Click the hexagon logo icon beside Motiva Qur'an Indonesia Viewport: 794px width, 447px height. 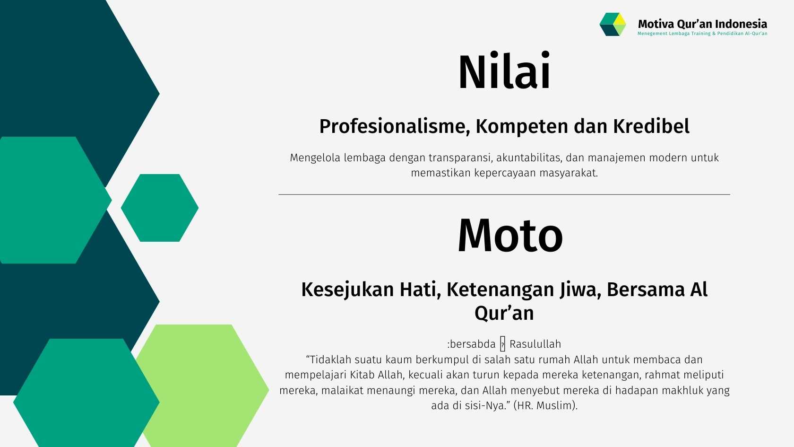(x=613, y=24)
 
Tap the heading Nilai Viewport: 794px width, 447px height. (x=504, y=71)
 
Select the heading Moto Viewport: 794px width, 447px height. (x=510, y=235)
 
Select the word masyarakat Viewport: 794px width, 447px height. (x=569, y=173)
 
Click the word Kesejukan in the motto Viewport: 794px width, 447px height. (x=348, y=289)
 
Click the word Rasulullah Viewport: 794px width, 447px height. (x=535, y=344)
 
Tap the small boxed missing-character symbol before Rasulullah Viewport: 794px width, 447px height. (x=503, y=344)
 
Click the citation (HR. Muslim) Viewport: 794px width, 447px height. (x=545, y=405)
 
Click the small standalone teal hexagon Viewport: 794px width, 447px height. (x=160, y=208)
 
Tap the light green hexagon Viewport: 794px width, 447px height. (x=202, y=386)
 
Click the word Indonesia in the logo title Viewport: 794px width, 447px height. (x=741, y=24)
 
